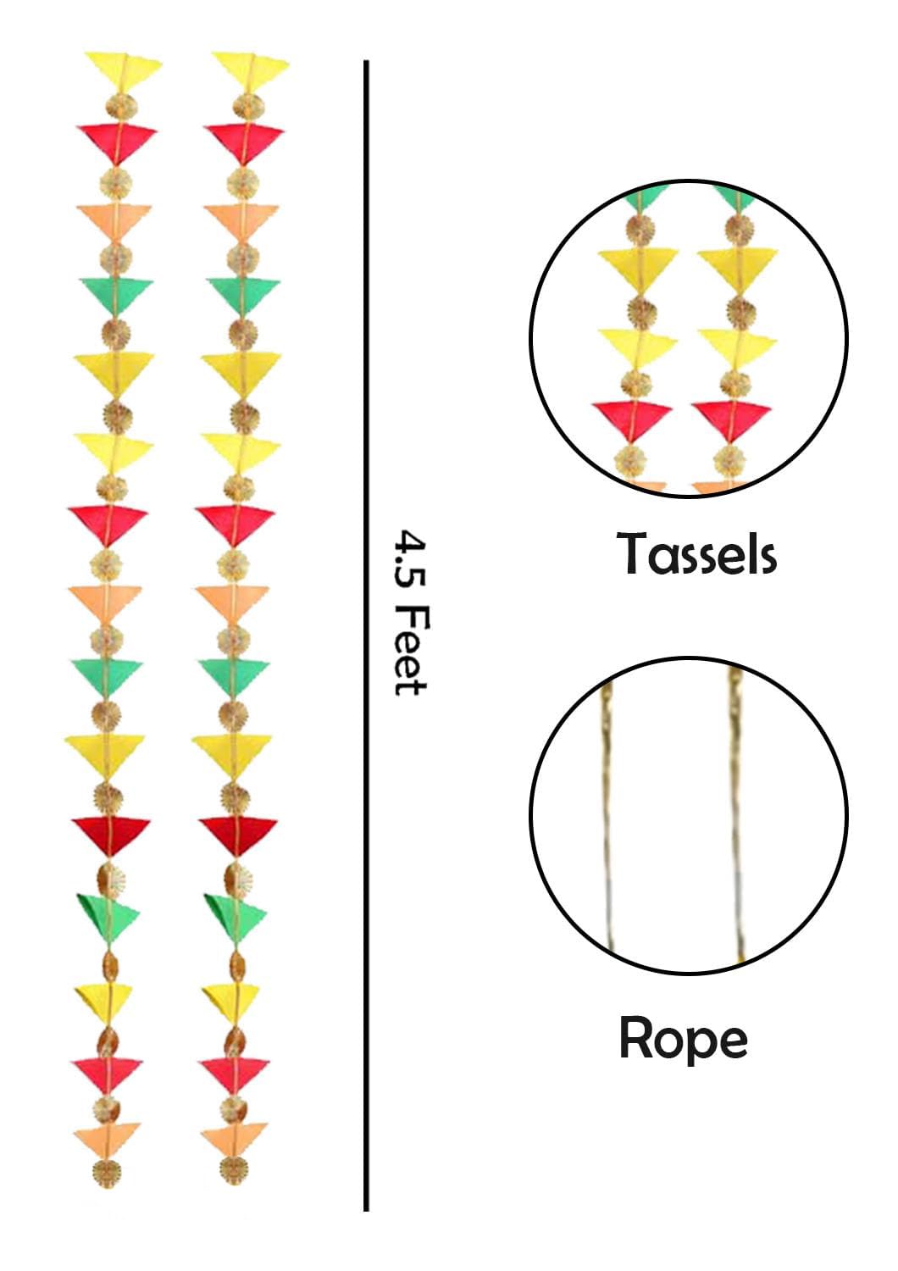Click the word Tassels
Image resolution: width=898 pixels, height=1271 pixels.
696,553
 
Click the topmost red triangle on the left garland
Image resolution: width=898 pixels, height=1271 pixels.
118,143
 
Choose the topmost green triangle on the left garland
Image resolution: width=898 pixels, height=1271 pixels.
116,295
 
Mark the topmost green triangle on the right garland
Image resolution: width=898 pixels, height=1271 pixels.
243,295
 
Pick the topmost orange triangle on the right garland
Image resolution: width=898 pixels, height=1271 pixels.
241,219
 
